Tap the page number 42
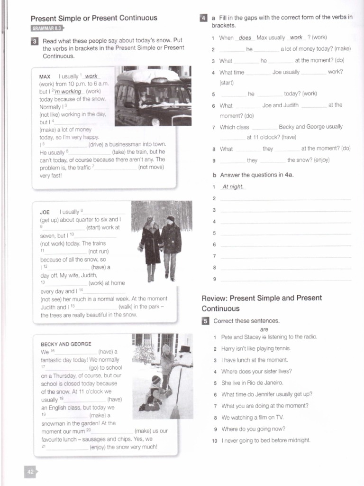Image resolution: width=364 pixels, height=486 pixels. point(30,472)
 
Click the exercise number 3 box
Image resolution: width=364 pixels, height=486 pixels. point(35,41)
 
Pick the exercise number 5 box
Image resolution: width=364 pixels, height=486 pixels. point(205,321)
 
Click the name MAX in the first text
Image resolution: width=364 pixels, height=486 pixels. point(45,76)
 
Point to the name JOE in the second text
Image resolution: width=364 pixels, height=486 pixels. point(45,212)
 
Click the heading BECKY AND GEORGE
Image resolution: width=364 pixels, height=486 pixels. point(66,344)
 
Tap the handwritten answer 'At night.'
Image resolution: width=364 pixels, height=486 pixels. point(233,187)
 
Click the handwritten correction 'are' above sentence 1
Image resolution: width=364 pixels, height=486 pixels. point(264,329)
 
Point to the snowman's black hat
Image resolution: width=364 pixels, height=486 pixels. point(185,349)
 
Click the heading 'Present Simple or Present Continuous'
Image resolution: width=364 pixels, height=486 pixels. point(94,18)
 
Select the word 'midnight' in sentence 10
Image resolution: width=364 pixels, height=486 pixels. point(298,440)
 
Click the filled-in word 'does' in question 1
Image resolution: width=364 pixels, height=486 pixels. point(245,37)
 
